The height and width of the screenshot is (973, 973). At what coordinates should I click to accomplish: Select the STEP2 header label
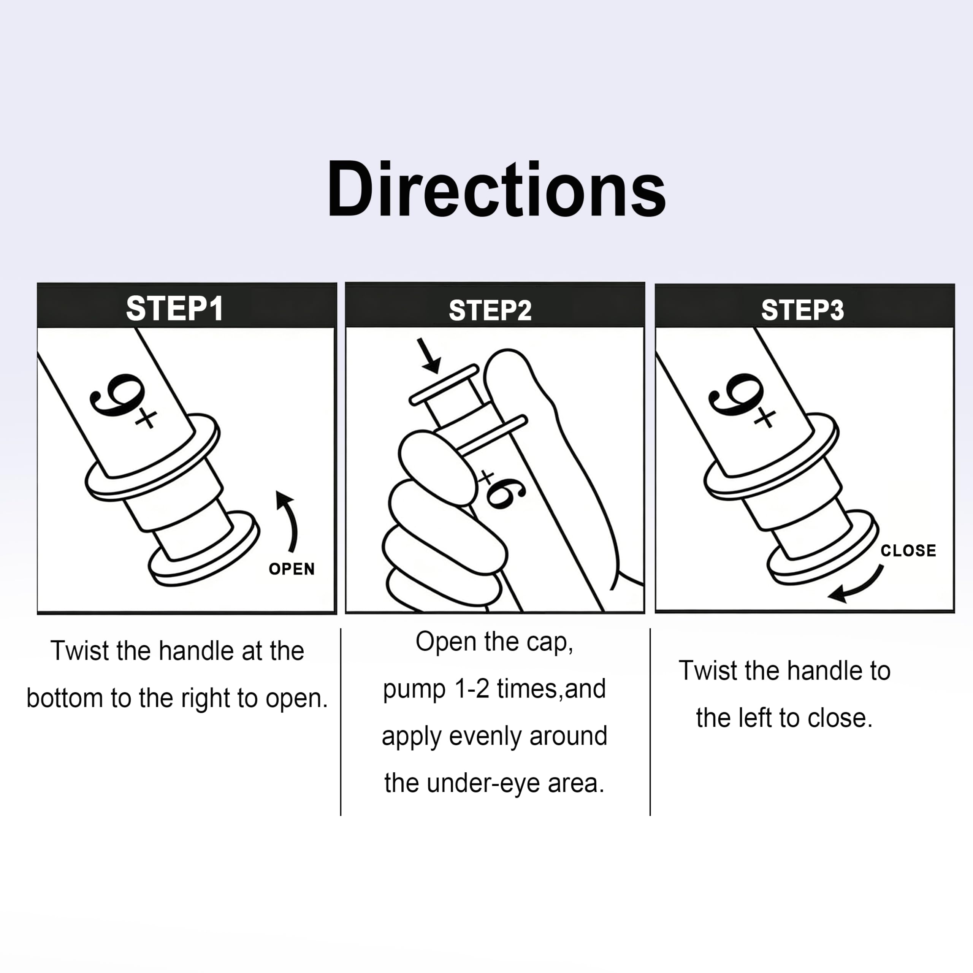coord(490,310)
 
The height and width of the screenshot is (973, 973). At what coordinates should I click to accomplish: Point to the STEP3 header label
coord(802,310)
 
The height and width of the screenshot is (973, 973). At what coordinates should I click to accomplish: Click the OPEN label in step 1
coord(292,569)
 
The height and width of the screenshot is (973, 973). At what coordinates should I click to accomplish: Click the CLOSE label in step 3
coord(908,550)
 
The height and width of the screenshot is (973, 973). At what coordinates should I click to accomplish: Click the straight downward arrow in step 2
coord(429,355)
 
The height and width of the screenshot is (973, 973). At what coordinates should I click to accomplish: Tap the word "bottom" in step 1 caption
coord(65,698)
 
